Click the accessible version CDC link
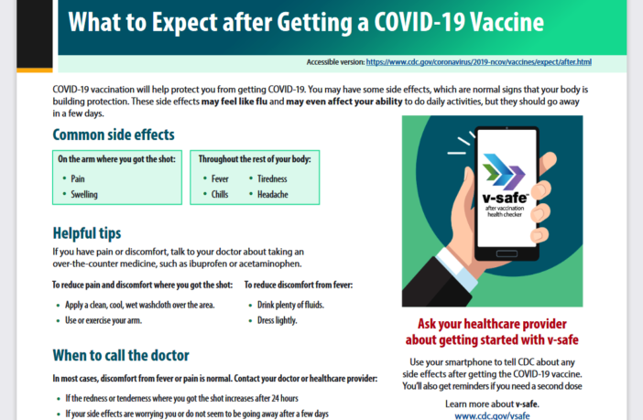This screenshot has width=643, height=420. [478, 62]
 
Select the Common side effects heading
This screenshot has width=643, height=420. [114, 135]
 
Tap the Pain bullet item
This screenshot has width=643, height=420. [79, 179]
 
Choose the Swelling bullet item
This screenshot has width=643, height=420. [85, 195]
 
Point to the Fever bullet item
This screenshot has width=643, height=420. [220, 179]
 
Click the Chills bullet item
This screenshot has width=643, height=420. [220, 195]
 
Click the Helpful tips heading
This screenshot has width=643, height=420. [87, 233]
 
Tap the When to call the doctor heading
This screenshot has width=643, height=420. [121, 355]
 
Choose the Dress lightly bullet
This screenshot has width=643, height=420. [278, 320]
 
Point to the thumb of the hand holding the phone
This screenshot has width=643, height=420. [458, 240]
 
